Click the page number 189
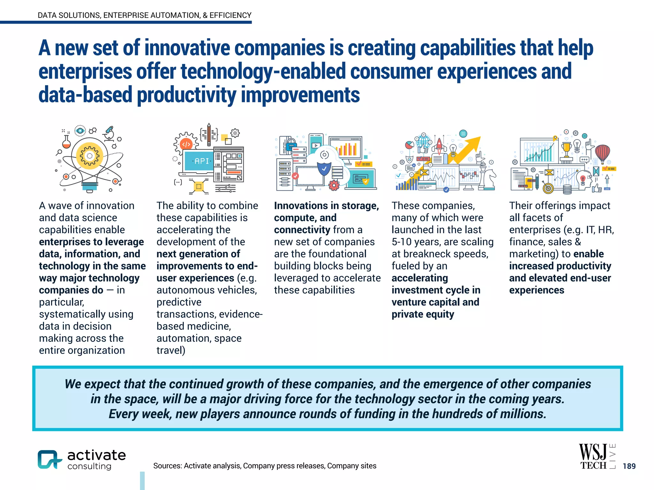(x=629, y=466)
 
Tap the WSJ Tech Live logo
(x=597, y=457)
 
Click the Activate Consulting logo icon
(x=49, y=459)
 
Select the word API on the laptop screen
(x=202, y=161)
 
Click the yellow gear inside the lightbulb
(x=89, y=156)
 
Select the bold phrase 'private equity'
(x=422, y=314)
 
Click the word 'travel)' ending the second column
(x=171, y=350)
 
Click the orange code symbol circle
(x=186, y=145)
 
